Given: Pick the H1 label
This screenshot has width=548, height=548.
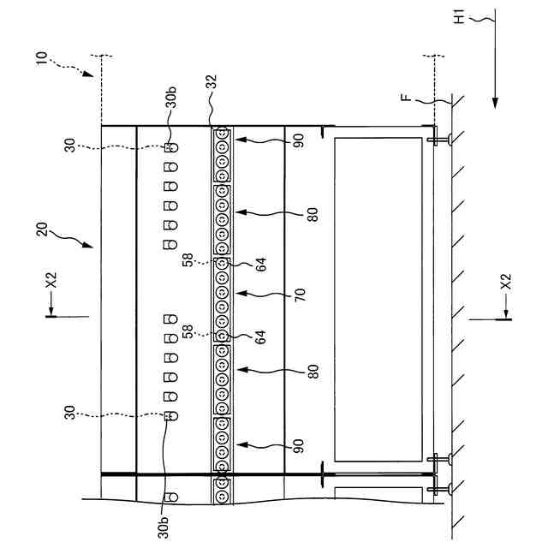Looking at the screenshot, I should point(459,17).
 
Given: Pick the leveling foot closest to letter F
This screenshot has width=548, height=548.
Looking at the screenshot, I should point(439,137).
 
